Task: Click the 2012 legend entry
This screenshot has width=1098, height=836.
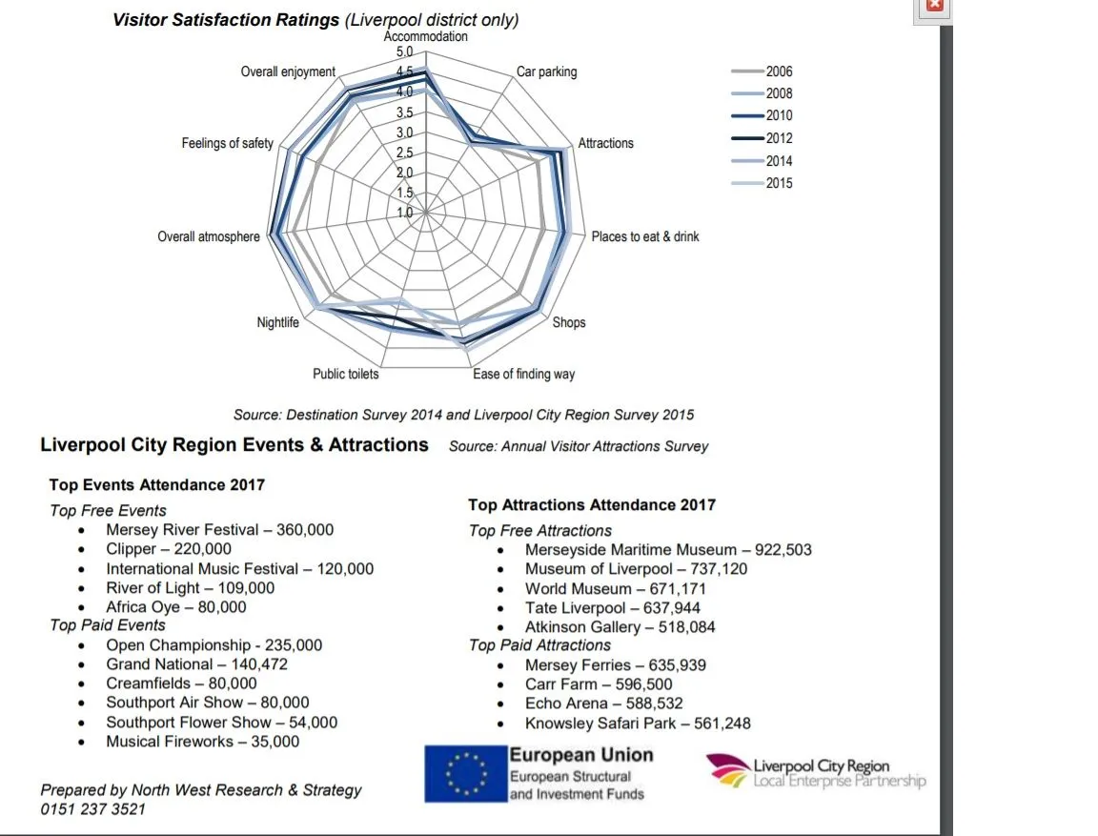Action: tap(779, 138)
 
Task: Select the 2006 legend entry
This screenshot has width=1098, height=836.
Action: tap(779, 71)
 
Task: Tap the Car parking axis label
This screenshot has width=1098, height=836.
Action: tap(546, 71)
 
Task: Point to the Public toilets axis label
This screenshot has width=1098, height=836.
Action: tap(345, 374)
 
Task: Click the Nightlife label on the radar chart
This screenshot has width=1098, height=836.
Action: tap(277, 322)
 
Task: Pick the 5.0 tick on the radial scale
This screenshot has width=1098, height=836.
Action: tap(405, 51)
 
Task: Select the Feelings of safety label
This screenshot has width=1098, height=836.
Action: tap(228, 143)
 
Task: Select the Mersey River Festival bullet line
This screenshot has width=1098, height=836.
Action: tap(219, 530)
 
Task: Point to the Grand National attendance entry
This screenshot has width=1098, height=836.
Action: tap(196, 664)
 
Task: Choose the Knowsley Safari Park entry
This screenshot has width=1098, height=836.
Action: tap(638, 724)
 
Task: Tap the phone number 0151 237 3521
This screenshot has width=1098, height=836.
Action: tap(92, 809)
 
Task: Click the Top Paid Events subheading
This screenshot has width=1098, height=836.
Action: tap(108, 625)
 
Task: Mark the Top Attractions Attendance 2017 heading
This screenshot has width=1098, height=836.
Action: tap(591, 505)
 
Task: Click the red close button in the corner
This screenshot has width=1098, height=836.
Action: tap(934, 5)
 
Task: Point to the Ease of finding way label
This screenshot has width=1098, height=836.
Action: tap(523, 374)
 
